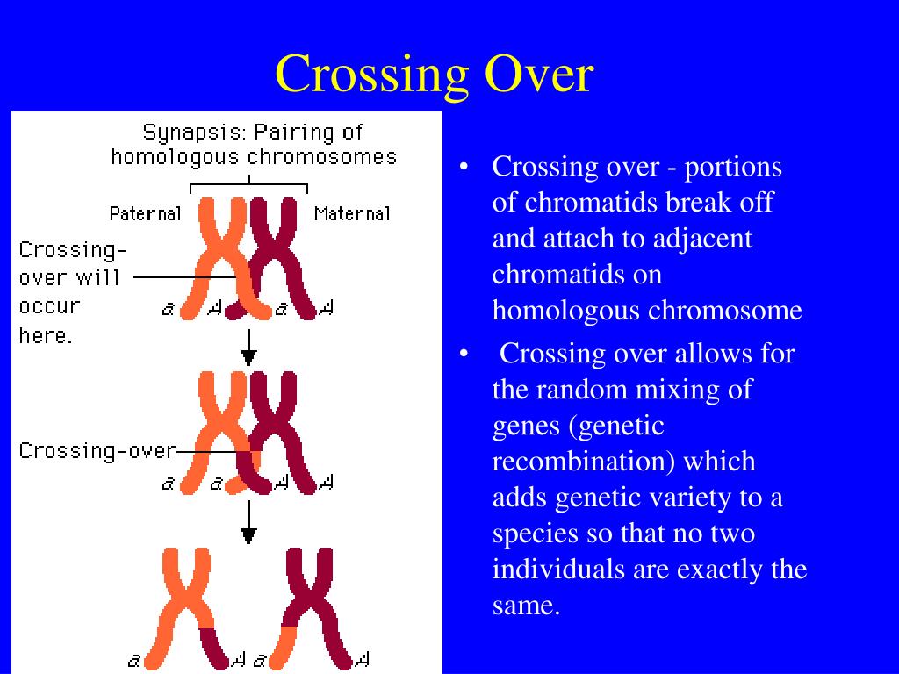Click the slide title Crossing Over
(435, 74)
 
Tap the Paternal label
(145, 213)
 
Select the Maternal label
(352, 213)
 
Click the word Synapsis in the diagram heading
(193, 133)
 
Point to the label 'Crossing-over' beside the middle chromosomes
(97, 451)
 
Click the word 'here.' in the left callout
(45, 335)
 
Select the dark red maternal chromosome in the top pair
(283, 255)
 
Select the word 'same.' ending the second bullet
(526, 606)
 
